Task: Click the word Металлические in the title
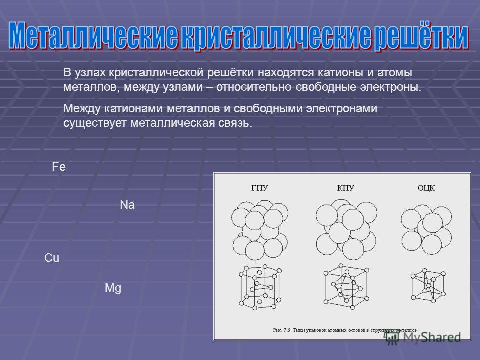pos(93,36)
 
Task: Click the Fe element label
pos(59,167)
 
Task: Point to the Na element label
pos(127,205)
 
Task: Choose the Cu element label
pos(51,258)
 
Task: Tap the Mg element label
pos(113,288)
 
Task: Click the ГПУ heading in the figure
pos(260,188)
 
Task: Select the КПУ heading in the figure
pos(345,188)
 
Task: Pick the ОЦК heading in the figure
pos(426,188)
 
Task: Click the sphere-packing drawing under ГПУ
pos(260,230)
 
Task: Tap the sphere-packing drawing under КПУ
pos(346,229)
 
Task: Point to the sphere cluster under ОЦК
pos(426,230)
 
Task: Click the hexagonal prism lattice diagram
pos(260,287)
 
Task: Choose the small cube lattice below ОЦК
pos(428,286)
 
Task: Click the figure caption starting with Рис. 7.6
pos(345,330)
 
